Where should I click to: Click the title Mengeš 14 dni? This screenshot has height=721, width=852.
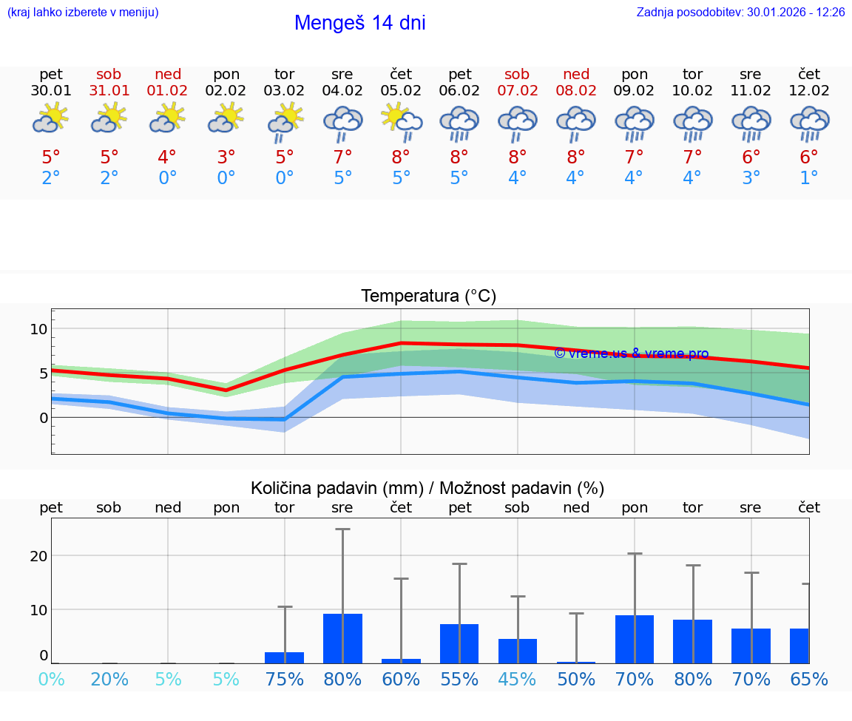coord(359,23)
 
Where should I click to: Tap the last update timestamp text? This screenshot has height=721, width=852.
coord(740,13)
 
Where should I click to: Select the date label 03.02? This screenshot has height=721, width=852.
coord(284,91)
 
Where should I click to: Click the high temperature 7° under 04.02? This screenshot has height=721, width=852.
coord(342,157)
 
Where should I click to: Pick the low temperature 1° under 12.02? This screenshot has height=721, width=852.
coord(809,178)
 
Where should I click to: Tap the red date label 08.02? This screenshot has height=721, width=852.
coord(576,91)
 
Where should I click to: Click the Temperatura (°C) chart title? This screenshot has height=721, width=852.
coord(428,297)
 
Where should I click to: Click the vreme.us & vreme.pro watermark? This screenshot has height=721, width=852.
coord(631,353)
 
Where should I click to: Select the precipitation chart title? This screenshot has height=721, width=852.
coord(427,488)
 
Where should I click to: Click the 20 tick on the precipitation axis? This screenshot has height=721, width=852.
coord(38,556)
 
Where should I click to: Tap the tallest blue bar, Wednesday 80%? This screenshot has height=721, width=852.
coord(342,638)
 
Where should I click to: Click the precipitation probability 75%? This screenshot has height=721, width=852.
coord(284,680)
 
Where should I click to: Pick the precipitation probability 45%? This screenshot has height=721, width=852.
coord(517,680)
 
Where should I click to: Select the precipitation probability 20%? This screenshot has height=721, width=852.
coord(109,680)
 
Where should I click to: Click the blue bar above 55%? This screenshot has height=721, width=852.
coord(459,643)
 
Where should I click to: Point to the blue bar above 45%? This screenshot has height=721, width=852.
coord(517,651)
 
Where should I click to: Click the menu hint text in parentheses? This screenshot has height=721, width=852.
coord(83,13)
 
